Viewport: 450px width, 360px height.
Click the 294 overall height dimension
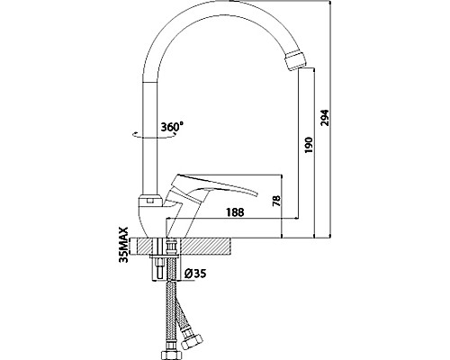[x=326, y=118]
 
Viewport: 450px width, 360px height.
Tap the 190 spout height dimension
[x=309, y=145]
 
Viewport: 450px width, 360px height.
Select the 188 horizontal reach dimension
[x=235, y=212]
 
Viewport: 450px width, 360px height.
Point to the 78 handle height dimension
[x=276, y=201]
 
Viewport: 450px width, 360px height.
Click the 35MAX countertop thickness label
[x=124, y=245]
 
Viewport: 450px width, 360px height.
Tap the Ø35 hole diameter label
[x=195, y=274]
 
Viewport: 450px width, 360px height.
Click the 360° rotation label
[x=172, y=127]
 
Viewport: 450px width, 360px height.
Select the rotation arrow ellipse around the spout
[x=155, y=134]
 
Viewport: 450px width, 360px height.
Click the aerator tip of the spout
[x=296, y=61]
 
